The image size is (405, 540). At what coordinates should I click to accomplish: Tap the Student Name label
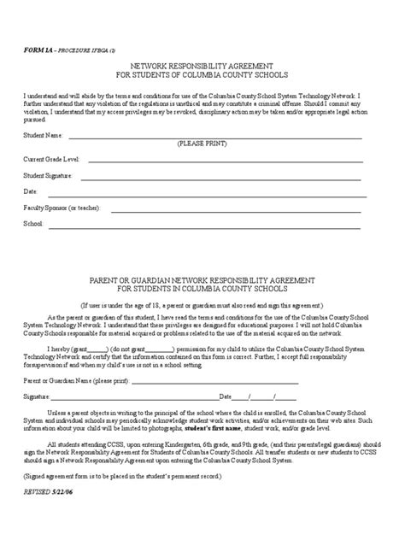[x=44, y=134]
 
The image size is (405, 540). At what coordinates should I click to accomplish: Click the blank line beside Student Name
[x=214, y=137]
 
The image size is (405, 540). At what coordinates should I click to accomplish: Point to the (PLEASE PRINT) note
[x=202, y=144]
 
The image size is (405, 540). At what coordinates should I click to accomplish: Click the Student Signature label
[x=49, y=175]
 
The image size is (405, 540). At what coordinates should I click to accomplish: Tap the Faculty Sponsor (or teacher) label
[x=62, y=208]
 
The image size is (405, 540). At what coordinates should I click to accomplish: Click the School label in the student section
[x=32, y=224]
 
